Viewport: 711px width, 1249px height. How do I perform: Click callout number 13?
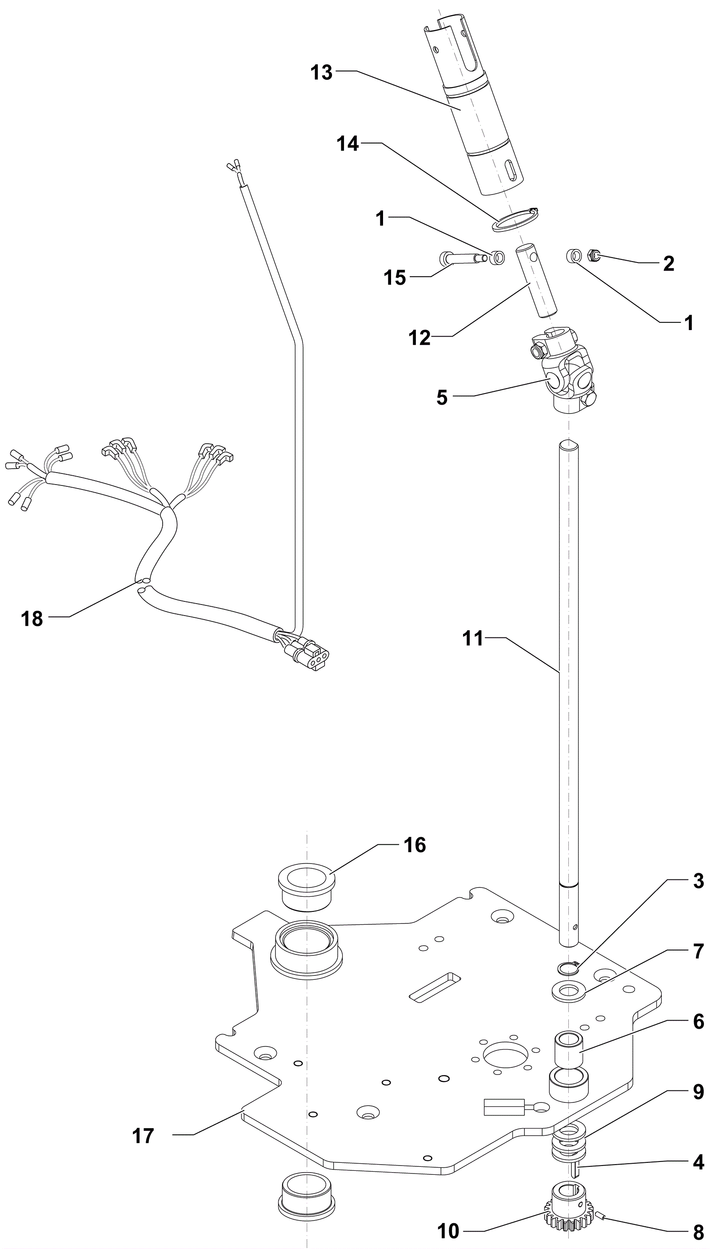click(x=321, y=73)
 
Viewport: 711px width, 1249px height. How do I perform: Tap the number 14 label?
click(x=348, y=144)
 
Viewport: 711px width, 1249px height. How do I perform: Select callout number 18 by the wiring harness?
click(x=32, y=619)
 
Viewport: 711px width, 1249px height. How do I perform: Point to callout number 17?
click(x=143, y=1136)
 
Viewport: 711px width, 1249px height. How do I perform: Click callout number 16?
click(x=415, y=845)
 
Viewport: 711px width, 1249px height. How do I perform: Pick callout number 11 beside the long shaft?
click(x=473, y=638)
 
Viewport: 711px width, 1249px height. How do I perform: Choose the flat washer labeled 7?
click(x=568, y=992)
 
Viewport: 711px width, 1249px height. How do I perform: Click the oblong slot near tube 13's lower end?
click(x=510, y=172)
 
